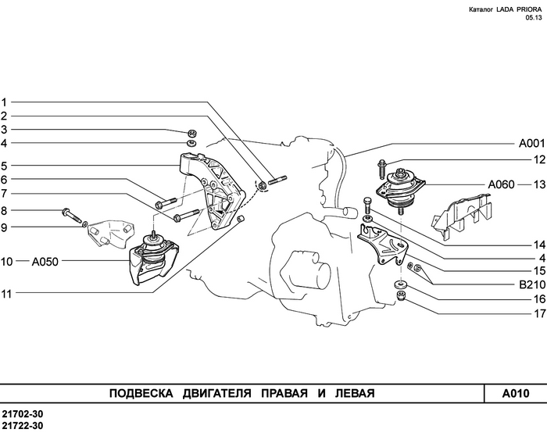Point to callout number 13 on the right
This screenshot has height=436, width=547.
pyautogui.click(x=538, y=185)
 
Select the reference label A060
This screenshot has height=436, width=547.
pyautogui.click(x=502, y=185)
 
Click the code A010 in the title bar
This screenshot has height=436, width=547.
pyautogui.click(x=516, y=393)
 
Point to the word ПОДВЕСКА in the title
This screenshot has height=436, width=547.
pyautogui.click(x=137, y=393)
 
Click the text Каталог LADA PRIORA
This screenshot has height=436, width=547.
pyautogui.click(x=500, y=10)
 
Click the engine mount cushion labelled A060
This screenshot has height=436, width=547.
pyautogui.click(x=401, y=190)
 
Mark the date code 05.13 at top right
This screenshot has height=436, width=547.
pyautogui.click(x=533, y=19)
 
